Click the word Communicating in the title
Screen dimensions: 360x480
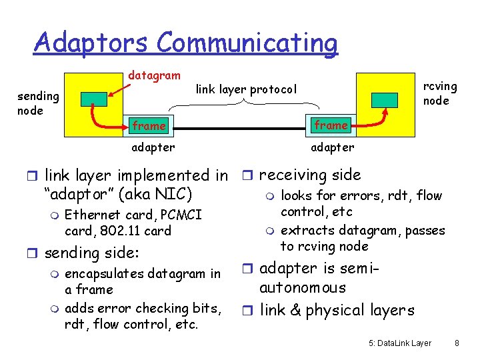[247, 42]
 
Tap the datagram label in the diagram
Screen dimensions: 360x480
[154, 76]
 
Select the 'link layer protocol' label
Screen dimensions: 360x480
[246, 89]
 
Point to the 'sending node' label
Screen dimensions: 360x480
[38, 103]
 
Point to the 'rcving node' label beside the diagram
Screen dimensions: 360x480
[441, 93]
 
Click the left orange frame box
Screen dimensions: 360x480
[149, 125]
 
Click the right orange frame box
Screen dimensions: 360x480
[331, 125]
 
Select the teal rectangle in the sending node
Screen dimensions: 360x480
[93, 99]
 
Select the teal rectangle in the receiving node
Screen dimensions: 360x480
[385, 99]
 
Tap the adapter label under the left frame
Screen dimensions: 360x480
[153, 147]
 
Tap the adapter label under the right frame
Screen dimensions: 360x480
[333, 147]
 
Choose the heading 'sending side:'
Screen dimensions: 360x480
[91, 253]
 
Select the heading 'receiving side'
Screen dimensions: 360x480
[309, 175]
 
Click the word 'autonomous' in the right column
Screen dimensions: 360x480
[303, 288]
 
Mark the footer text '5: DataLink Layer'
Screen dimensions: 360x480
[400, 343]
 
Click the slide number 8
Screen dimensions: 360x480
[457, 343]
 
